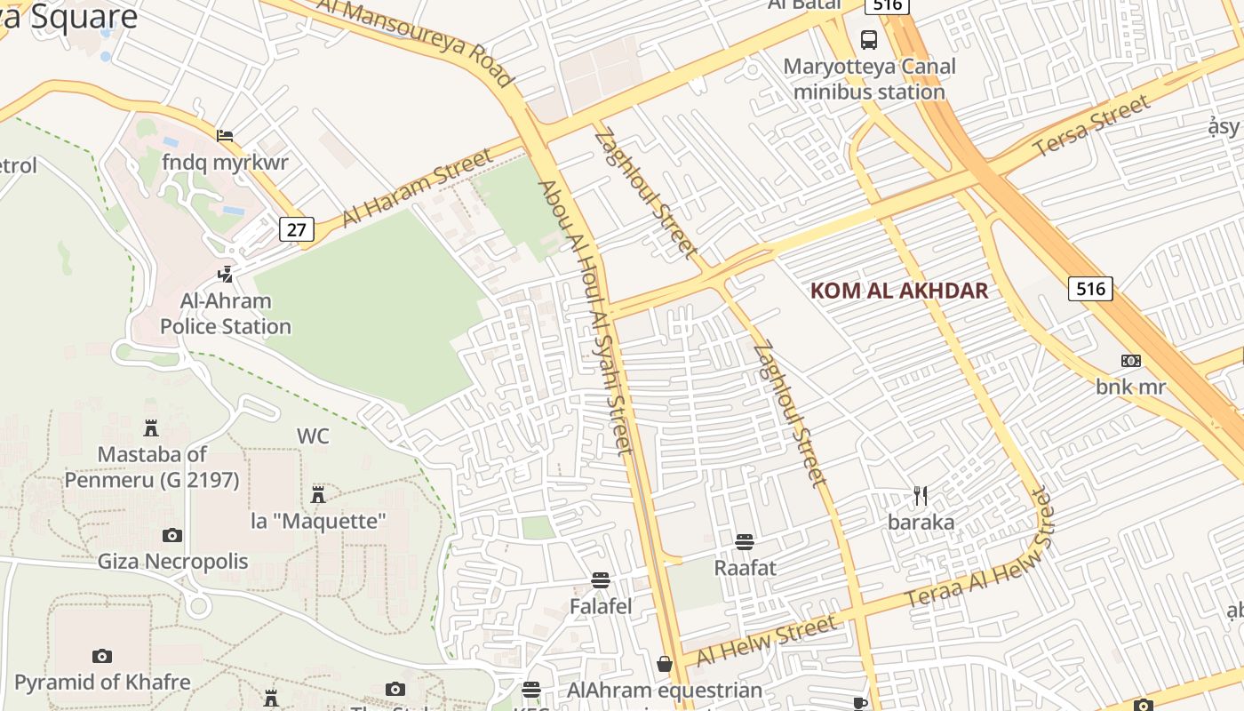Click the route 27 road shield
tap(297, 230)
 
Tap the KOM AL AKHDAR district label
tap(899, 291)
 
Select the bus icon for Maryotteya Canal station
tap(869, 39)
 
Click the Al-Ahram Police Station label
tap(226, 314)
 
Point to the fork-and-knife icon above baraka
tap(921, 495)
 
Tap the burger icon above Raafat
tap(745, 541)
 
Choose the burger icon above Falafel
tap(601, 581)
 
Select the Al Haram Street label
tap(416, 188)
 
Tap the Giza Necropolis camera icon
tap(172, 535)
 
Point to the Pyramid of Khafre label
tap(102, 683)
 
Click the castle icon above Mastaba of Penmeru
tap(151, 428)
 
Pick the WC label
tap(313, 436)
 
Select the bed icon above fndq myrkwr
tap(225, 136)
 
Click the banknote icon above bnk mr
tap(1130, 361)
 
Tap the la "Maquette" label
tap(318, 521)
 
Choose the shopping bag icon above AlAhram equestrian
tap(664, 664)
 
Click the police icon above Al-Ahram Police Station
tap(226, 274)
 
